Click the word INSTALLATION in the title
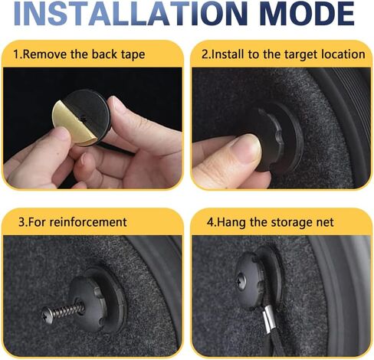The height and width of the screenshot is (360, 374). point(130,13)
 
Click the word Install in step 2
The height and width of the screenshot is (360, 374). point(228,54)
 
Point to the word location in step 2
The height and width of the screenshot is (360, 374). point(343,54)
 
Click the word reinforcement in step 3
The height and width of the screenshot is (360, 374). point(88,222)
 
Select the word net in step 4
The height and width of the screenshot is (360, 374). point(325,222)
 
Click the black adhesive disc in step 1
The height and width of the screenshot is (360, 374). point(90,113)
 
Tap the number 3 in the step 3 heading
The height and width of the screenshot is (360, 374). point(21,222)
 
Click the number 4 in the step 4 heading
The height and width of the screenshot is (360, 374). point(210,222)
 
